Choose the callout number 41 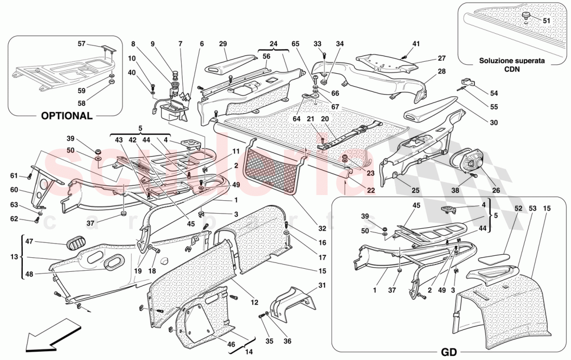(x=416, y=44)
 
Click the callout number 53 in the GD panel (x=533, y=208)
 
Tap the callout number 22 (x=371, y=190)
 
